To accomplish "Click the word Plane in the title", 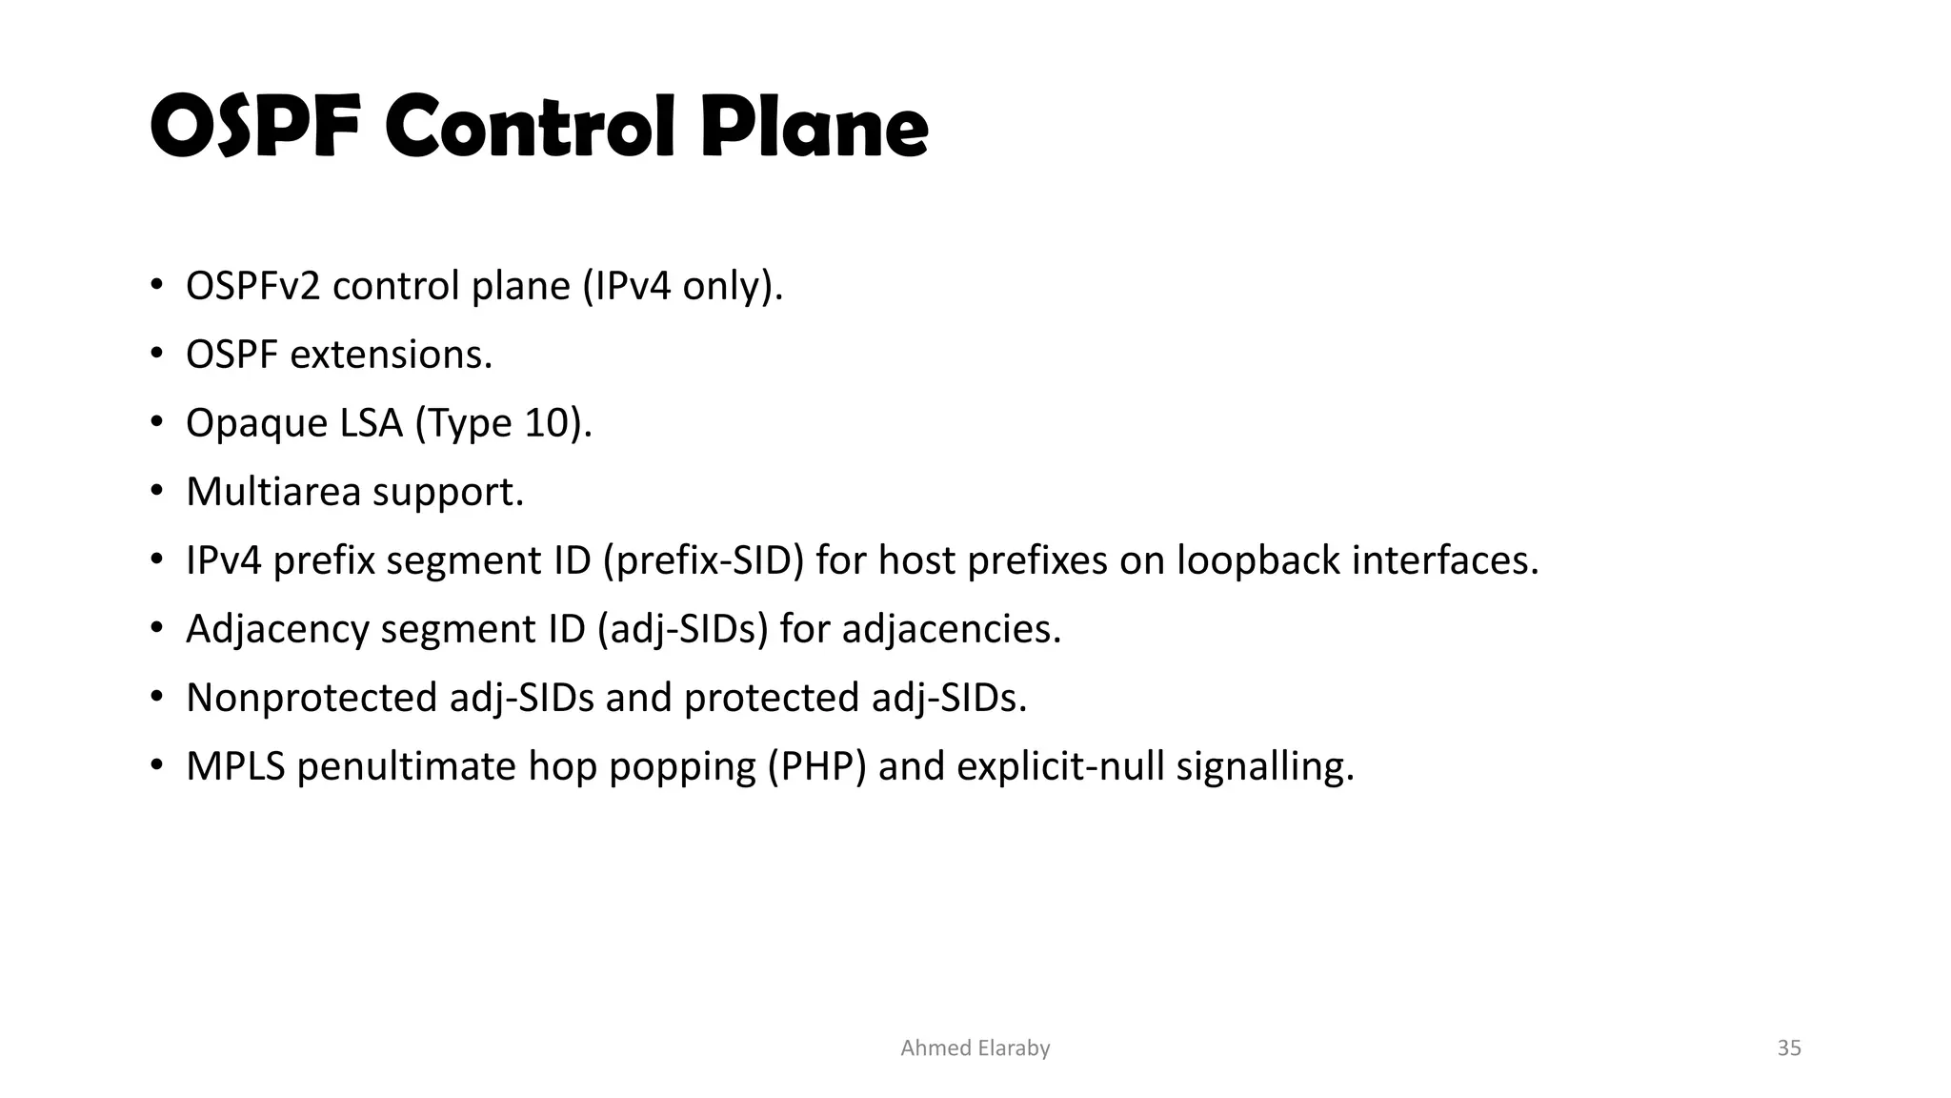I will [x=815, y=128].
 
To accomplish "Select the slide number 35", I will [x=1789, y=1048].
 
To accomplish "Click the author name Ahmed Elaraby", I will [x=975, y=1048].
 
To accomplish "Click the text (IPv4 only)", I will [x=682, y=286].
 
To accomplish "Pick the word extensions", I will [x=391, y=355].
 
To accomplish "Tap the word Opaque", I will [x=243, y=423].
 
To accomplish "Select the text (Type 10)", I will [x=503, y=423].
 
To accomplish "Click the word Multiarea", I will [x=273, y=492].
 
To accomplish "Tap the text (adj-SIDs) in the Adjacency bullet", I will [x=682, y=629].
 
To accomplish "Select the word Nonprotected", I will [x=312, y=698].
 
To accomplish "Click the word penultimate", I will [x=407, y=766].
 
